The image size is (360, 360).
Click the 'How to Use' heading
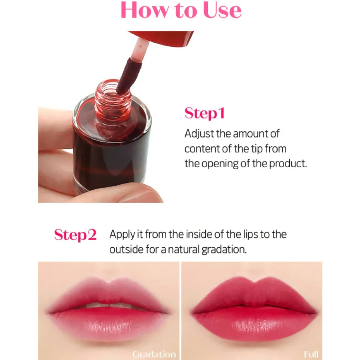pyautogui.click(x=181, y=10)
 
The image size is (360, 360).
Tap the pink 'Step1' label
pyautogui.click(x=204, y=113)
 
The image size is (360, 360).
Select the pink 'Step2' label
pyautogui.click(x=75, y=235)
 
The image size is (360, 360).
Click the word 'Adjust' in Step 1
pyautogui.click(x=199, y=134)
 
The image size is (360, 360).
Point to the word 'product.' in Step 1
pyautogui.click(x=288, y=164)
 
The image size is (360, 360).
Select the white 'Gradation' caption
pyautogui.click(x=154, y=354)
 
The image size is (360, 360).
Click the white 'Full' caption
pyautogui.click(x=311, y=354)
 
